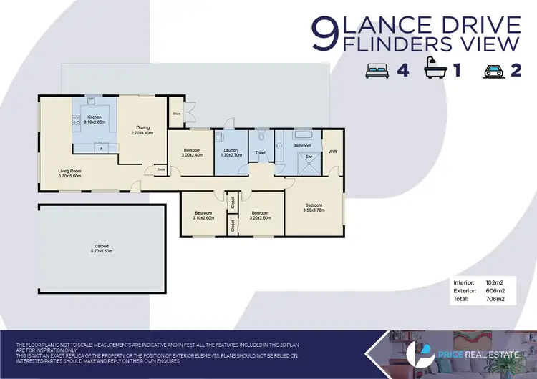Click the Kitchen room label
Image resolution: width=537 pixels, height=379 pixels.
pyautogui.click(x=94, y=117)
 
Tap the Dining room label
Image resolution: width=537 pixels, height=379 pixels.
pyautogui.click(x=142, y=128)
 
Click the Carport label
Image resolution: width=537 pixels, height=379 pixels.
pyautogui.click(x=101, y=246)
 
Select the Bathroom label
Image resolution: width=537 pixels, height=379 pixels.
pyautogui.click(x=301, y=145)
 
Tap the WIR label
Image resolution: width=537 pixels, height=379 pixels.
pyautogui.click(x=332, y=152)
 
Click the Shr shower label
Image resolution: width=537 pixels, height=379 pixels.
pyautogui.click(x=308, y=156)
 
